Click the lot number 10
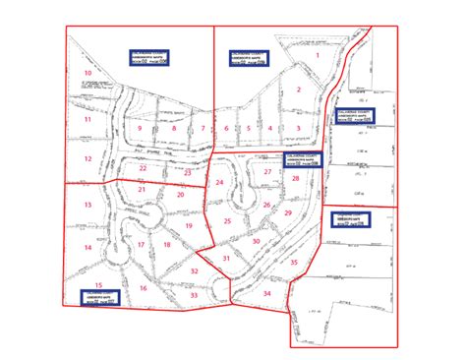[x=87, y=74]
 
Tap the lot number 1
[x=318, y=56]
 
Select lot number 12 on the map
[x=87, y=158]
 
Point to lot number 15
[x=97, y=283]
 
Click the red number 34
[x=266, y=294]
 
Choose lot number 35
[x=294, y=263]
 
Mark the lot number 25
[x=227, y=222]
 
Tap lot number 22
[x=143, y=168]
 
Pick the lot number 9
[x=140, y=129]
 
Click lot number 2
[x=297, y=90]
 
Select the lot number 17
[x=141, y=245]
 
